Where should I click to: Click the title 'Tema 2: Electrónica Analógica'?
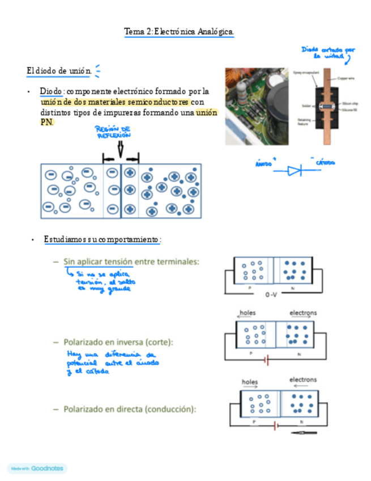[x=179, y=32]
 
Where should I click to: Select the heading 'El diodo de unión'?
[x=59, y=70]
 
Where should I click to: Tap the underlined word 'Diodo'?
[x=50, y=91]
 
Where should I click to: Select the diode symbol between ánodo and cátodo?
[x=295, y=170]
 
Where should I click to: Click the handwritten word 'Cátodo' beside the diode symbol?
[x=325, y=163]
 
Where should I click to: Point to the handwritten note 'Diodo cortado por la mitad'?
[x=328, y=53]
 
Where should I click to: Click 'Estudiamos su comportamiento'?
[x=102, y=240]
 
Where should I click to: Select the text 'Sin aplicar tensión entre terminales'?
[x=131, y=261]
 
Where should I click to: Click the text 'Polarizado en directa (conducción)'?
[x=130, y=408]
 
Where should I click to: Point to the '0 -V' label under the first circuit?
[x=272, y=295]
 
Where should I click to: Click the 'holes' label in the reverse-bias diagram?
[x=248, y=313]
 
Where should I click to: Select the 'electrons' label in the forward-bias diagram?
[x=303, y=379]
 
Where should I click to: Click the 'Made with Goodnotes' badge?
[x=37, y=469]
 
